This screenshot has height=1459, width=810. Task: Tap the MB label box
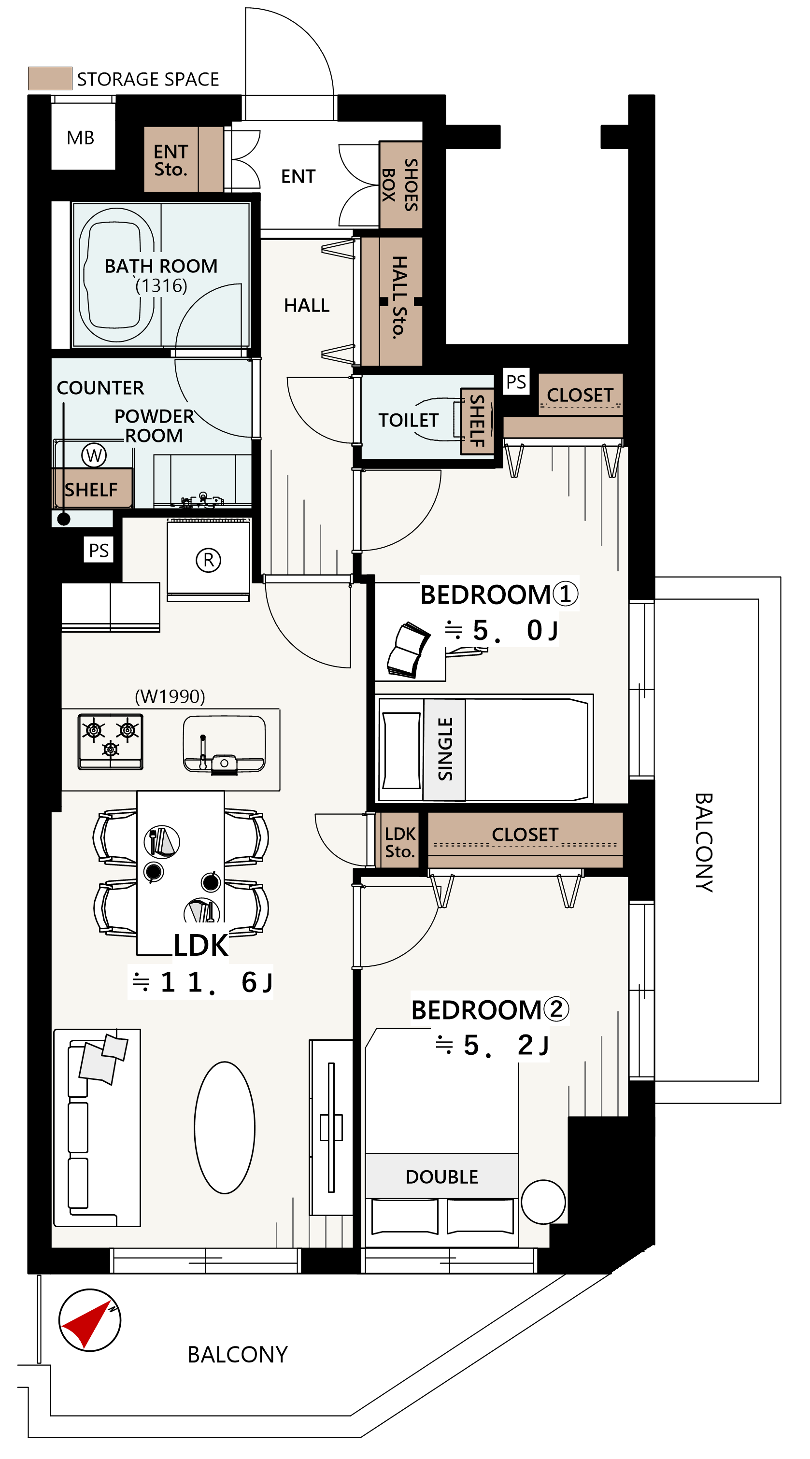(81, 138)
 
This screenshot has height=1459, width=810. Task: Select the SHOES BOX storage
(400, 184)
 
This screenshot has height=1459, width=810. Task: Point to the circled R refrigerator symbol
(208, 560)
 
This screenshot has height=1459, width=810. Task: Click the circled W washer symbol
(94, 455)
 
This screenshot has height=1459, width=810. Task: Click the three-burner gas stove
(111, 741)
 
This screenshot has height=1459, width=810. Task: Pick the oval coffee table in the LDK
(224, 1128)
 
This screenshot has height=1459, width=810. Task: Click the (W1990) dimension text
(170, 696)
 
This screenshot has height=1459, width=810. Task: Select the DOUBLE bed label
(441, 1177)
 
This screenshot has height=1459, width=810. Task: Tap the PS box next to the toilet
(515, 382)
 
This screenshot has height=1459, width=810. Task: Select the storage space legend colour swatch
(50, 78)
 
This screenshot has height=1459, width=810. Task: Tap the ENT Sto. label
(171, 160)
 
